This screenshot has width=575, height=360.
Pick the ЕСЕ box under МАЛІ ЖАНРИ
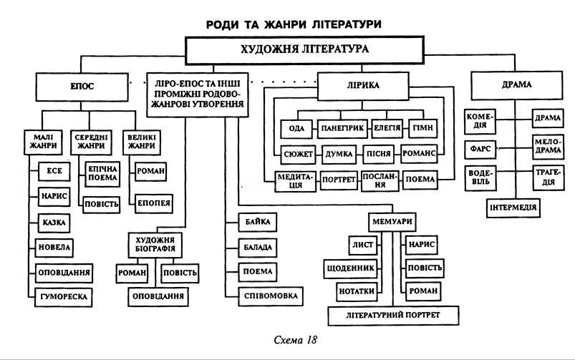click(x=54, y=170)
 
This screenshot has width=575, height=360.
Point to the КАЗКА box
click(x=54, y=223)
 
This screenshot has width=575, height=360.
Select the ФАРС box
click(x=480, y=149)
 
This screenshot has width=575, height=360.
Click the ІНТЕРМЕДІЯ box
click(x=514, y=208)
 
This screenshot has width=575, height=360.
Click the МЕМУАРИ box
click(x=392, y=220)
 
